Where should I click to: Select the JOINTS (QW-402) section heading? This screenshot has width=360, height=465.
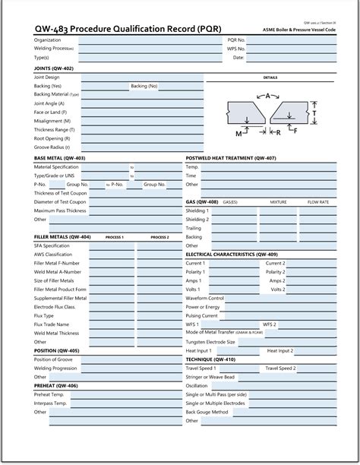tap(54, 68)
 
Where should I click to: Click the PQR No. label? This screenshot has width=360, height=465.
tap(235, 40)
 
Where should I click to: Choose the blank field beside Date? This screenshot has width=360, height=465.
tap(292, 57)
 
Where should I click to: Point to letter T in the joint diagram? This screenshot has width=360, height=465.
tap(336, 112)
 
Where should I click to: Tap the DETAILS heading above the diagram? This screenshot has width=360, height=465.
tap(270, 77)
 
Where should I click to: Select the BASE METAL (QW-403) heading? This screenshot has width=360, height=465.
tap(60, 158)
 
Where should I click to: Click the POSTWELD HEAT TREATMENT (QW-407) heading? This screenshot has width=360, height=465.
tap(232, 158)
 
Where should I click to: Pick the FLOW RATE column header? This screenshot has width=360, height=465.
tap(317, 202)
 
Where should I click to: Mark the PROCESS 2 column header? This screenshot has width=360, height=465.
tap(159, 237)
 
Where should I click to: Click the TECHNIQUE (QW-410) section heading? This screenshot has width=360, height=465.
tap(210, 359)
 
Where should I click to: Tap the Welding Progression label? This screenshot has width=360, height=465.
tap(55, 368)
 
